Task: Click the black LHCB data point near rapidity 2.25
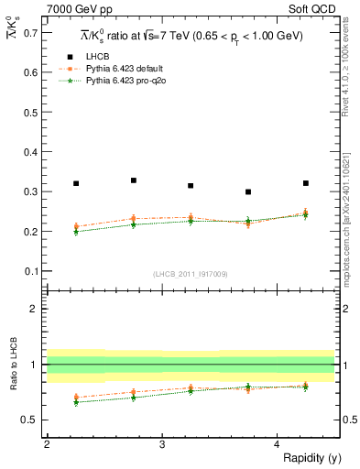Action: pyautogui.click(x=76, y=184)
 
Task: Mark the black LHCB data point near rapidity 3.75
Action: pyautogui.click(x=248, y=192)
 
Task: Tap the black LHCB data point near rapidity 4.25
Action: pyautogui.click(x=306, y=183)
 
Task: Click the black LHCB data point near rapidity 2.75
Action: pyautogui.click(x=134, y=180)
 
